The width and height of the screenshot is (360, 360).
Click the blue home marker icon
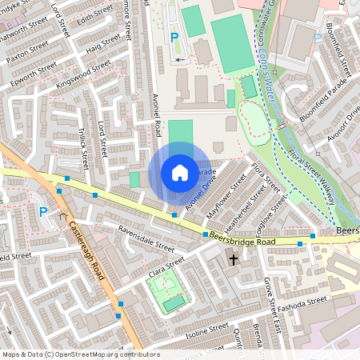[179, 173]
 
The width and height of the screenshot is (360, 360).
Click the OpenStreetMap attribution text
[81, 354]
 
